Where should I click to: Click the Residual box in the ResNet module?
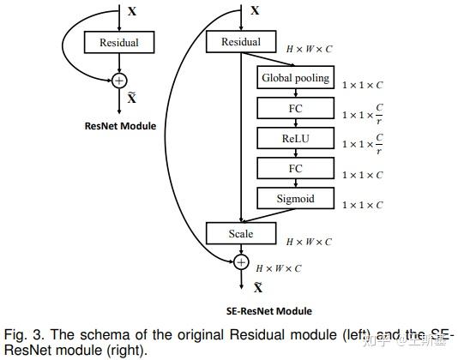coord(119,42)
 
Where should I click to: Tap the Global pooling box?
coord(294,78)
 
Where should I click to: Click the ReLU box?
coord(294,138)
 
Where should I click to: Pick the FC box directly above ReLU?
coord(294,109)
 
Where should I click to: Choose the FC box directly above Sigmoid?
coord(294,169)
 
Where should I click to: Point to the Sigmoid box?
coord(294,199)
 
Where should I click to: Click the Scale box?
coord(241,233)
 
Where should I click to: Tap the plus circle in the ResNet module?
coord(119,80)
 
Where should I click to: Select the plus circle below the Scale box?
coord(241,262)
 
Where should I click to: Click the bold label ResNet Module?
coord(120,126)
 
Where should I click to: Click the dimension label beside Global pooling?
coord(363,85)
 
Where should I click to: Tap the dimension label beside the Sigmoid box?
coord(363,205)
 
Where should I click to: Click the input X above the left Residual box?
coord(131,12)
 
